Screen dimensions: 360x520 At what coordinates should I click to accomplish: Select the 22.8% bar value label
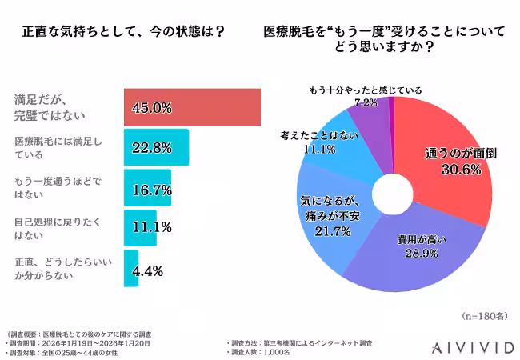151,148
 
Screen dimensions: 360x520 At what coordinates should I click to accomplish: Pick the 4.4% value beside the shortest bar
147,271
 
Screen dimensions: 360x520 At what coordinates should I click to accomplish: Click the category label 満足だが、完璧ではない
50,107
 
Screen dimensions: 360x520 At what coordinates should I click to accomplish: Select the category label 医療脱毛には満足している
58,148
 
